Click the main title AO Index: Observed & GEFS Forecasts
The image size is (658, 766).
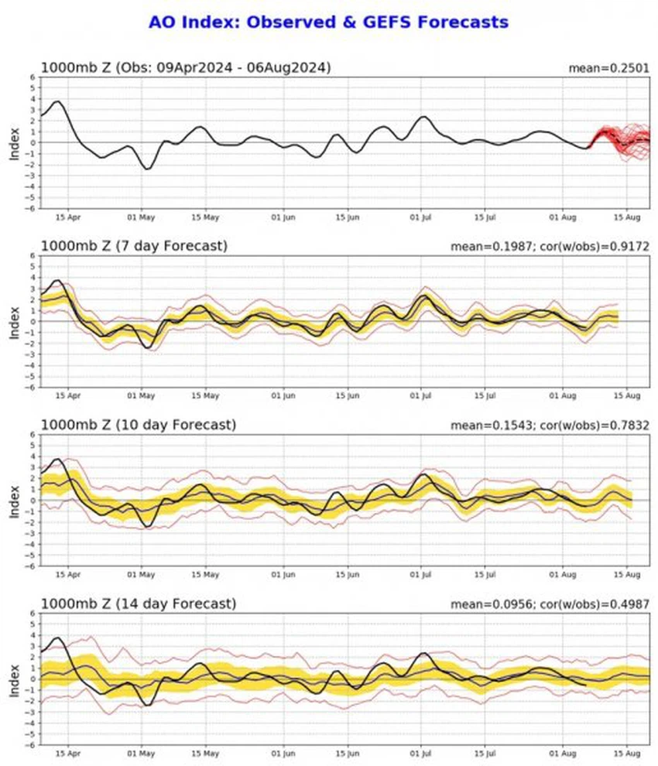coord(328,22)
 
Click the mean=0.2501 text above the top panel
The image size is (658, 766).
coord(610,69)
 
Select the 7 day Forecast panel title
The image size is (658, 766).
coord(134,247)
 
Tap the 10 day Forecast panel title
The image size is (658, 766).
coord(137,425)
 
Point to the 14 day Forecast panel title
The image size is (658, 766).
coord(137,604)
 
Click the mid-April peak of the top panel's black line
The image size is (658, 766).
coord(57,101)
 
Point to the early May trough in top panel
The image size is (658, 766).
coord(146,168)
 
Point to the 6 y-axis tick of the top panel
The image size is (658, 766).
coord(33,77)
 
